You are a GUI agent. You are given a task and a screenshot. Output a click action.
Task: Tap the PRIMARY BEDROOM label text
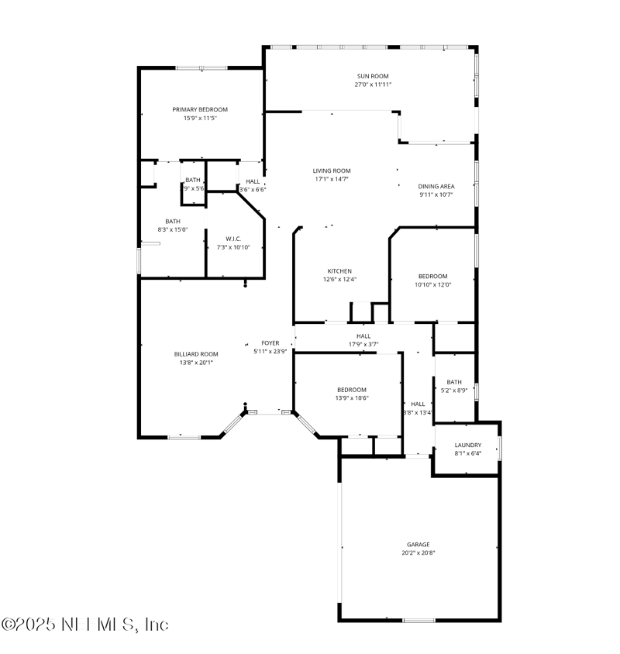200,109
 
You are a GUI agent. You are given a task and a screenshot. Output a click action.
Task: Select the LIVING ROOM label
332,170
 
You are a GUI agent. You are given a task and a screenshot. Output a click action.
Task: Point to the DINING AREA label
436,186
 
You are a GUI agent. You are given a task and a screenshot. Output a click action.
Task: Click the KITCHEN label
339,270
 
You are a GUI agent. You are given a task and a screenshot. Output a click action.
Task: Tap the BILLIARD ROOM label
191,353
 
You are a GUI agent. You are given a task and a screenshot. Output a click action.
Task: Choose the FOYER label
270,342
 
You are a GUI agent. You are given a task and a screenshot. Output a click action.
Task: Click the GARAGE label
418,544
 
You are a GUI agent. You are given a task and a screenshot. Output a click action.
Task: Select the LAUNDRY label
467,445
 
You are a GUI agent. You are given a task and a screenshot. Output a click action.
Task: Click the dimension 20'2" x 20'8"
418,552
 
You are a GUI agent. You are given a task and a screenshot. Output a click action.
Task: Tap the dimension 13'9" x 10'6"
351,398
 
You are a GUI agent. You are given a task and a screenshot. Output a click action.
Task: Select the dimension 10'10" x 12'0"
432,284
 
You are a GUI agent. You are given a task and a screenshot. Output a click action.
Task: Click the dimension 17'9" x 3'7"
363,344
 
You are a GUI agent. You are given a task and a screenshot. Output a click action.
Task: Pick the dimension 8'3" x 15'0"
172,229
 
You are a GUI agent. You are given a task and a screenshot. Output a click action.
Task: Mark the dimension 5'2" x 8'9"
454,391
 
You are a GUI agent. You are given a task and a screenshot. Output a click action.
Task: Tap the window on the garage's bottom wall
418,620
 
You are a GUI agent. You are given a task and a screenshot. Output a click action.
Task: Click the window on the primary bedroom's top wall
201,68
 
